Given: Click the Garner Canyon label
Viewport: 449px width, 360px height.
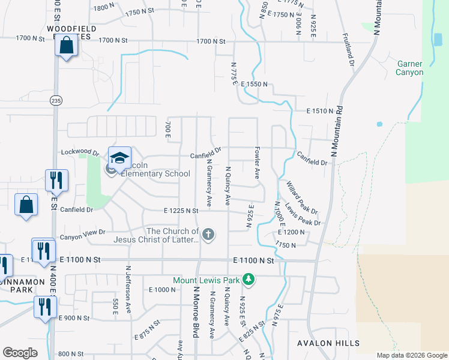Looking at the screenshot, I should coord(409,68).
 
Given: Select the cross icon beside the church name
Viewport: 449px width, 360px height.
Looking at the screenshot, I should coord(208,235).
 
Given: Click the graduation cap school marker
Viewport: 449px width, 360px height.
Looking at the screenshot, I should coord(119,158).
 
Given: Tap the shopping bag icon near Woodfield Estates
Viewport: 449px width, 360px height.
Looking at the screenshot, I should coord(66,45).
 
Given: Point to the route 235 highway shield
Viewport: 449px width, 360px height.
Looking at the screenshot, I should coord(55,100).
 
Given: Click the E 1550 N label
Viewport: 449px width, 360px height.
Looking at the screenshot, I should coord(254,85).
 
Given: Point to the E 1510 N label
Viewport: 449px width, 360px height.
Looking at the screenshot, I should coord(319,111).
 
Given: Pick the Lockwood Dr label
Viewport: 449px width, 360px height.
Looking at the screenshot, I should coord(79,152).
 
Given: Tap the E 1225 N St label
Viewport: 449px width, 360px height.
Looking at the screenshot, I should coord(181,211).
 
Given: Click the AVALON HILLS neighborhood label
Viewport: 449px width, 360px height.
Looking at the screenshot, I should coord(328,343).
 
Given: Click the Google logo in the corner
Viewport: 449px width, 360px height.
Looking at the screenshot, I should coord(20,352).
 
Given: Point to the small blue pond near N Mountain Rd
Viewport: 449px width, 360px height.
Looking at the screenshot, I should coord(379,124).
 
